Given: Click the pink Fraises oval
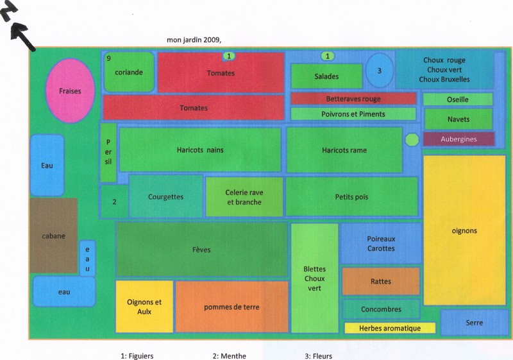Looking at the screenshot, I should (70, 90).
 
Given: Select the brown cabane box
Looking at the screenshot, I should (53, 236).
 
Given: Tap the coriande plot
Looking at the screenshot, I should (129, 73).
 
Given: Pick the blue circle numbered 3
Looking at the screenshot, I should (379, 70).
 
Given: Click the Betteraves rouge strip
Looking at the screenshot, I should (353, 99).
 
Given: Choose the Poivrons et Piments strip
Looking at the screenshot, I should (353, 114).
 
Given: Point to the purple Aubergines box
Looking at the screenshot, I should (458, 139).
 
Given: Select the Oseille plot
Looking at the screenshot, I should (458, 99).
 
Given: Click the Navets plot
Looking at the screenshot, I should (458, 119).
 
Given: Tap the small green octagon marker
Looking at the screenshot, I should (412, 139).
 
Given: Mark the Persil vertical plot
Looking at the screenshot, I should (108, 152).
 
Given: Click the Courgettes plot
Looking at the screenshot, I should (165, 197).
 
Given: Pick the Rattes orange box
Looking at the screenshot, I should (381, 281).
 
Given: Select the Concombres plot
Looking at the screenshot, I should (381, 309).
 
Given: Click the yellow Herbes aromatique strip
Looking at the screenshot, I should (390, 328).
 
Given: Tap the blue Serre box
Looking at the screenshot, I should (474, 322).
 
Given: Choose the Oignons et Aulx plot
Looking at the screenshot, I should (144, 306).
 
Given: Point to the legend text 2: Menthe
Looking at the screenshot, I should (229, 356).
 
